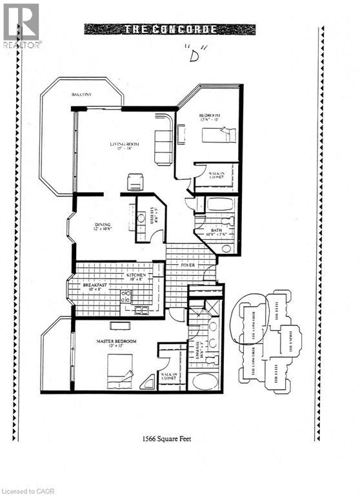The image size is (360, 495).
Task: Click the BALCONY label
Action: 82,95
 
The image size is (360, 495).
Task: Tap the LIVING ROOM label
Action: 125,145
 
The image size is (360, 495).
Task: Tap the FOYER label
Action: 189,264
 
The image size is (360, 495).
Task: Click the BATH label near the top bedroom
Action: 217,231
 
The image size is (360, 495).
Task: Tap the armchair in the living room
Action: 135,182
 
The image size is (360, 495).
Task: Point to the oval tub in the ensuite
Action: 206,382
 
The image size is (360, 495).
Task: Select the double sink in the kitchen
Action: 141,311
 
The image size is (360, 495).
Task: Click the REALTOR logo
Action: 21,26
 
